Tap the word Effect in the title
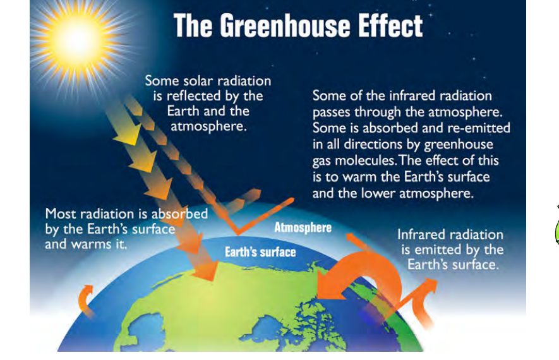tap(390, 25)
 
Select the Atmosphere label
tap(303, 227)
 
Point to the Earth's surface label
tap(260, 252)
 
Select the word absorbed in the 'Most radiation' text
tap(179, 214)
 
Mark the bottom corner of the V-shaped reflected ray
tap(237, 234)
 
